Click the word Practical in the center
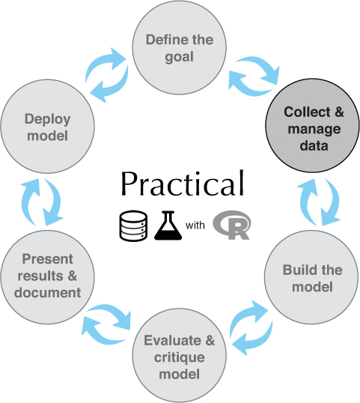pyautogui.click(x=183, y=184)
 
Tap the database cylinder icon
pyautogui.click(x=133, y=226)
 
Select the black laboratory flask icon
pyautogui.click(x=168, y=225)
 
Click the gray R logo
pyautogui.click(x=232, y=225)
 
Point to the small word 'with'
pyautogui.click(x=195, y=225)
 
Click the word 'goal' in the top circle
pyautogui.click(x=179, y=57)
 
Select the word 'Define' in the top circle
pyautogui.click(x=165, y=40)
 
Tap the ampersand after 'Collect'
pyautogui.click(x=339, y=112)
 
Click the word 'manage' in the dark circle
pyautogui.click(x=314, y=130)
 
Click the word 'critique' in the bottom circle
pyautogui.click(x=179, y=358)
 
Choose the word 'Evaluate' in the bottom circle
pyautogui.click(x=172, y=340)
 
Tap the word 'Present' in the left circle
pyautogui.click(x=47, y=259)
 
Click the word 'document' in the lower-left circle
pyautogui.click(x=47, y=293)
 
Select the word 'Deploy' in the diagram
pyautogui.click(x=47, y=119)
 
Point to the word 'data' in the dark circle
pyautogui.click(x=314, y=146)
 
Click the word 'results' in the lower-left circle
pyautogui.click(x=40, y=276)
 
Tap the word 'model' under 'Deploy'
pyautogui.click(x=47, y=136)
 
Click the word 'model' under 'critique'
pyautogui.click(x=179, y=374)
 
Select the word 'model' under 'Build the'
pyautogui.click(x=313, y=287)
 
